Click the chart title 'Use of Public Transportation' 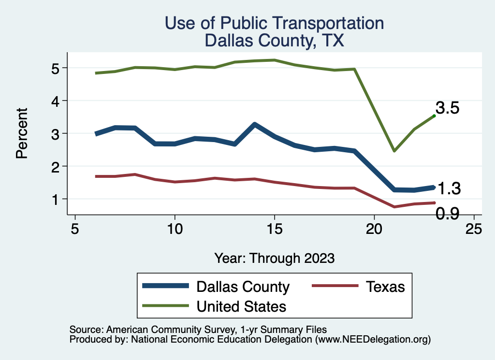pyautogui.click(x=274, y=23)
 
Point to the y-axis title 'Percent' pyautogui.click(x=21, y=133)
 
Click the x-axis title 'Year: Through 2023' pyautogui.click(x=274, y=258)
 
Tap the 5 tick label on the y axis pyautogui.click(x=57, y=68)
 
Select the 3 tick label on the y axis pyautogui.click(x=57, y=133)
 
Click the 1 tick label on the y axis pyautogui.click(x=57, y=199)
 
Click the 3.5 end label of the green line pyautogui.click(x=447, y=108)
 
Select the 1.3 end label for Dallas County pyautogui.click(x=449, y=189)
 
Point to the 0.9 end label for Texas pyautogui.click(x=447, y=214)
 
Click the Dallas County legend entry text pyautogui.click(x=243, y=287)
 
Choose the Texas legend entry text pyautogui.click(x=385, y=287)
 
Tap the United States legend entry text pyautogui.click(x=241, y=306)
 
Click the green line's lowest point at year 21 pyautogui.click(x=394, y=151)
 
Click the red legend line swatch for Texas pyautogui.click(x=335, y=286)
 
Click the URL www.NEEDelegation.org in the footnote pyautogui.click(x=372, y=340)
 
